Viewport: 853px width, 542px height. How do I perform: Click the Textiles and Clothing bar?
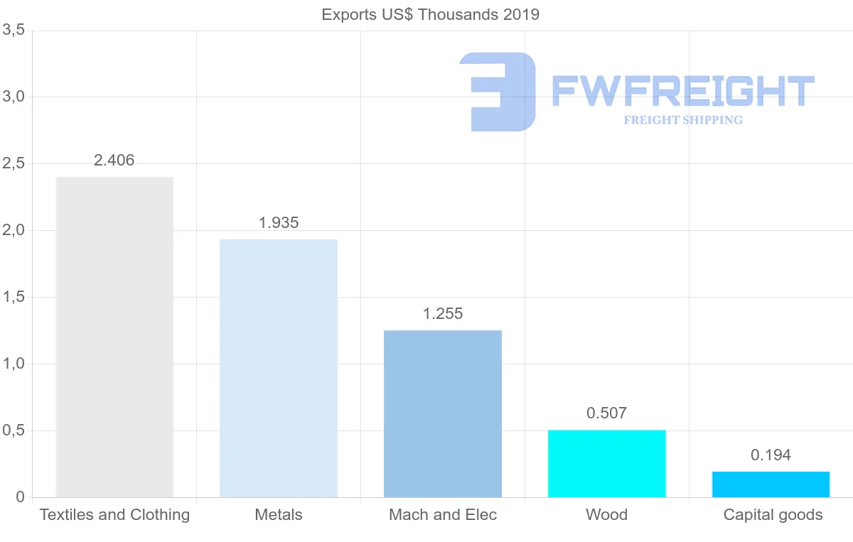114,337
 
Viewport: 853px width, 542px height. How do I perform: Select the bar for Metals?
279,368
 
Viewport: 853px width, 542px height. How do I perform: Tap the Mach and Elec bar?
443,413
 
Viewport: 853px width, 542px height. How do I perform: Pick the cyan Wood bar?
606,463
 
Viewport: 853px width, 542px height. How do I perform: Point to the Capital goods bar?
771,484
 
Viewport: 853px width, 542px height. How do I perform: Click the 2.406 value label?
114,161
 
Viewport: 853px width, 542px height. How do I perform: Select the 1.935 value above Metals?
279,223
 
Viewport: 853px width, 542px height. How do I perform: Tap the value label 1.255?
443,314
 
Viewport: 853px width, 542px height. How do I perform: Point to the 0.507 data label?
606,413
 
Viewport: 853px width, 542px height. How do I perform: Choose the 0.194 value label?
771,455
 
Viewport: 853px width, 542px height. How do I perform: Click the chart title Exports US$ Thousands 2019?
430,15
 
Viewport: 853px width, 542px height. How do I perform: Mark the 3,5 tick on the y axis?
14,31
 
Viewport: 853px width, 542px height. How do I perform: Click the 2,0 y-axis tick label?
14,231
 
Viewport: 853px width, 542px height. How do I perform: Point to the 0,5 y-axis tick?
14,431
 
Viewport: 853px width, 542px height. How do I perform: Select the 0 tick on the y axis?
20,497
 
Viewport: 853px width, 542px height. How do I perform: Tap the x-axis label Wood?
606,515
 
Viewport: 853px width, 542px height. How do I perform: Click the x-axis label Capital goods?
773,515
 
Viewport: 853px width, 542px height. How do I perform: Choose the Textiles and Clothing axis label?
114,515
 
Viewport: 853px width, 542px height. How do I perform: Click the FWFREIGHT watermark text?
682,91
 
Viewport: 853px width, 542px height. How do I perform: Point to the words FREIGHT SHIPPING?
683,120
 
